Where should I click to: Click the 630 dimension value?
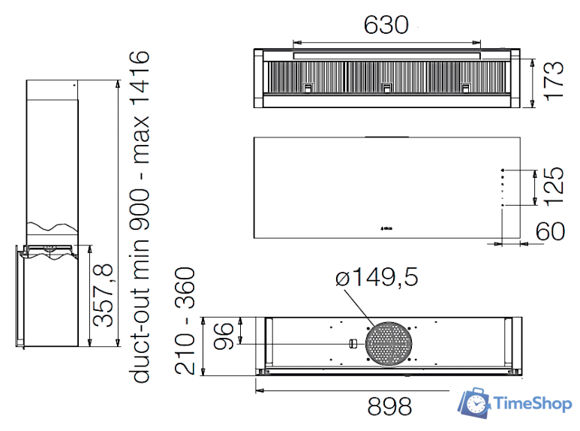pyautogui.click(x=386, y=25)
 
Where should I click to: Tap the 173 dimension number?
pyautogui.click(x=554, y=81)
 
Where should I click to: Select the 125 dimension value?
pyautogui.click(x=554, y=186)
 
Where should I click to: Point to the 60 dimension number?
pyautogui.click(x=550, y=231)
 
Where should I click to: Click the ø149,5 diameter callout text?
pyautogui.click(x=377, y=277)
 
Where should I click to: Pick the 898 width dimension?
pyautogui.click(x=389, y=406)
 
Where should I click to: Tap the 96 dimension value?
pyautogui.click(x=224, y=336)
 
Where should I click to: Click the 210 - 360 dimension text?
pyautogui.click(x=185, y=321)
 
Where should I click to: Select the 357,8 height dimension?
pyautogui.click(x=103, y=295)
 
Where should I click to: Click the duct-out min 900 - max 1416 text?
pyautogui.click(x=140, y=217)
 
